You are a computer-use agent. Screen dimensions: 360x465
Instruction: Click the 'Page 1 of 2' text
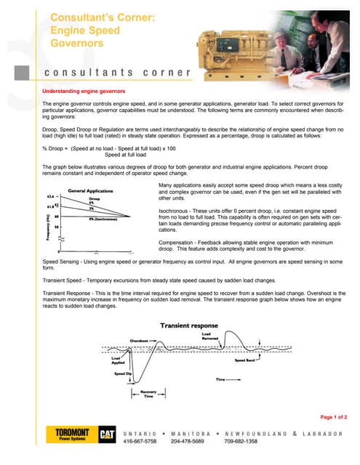tap(333, 417)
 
